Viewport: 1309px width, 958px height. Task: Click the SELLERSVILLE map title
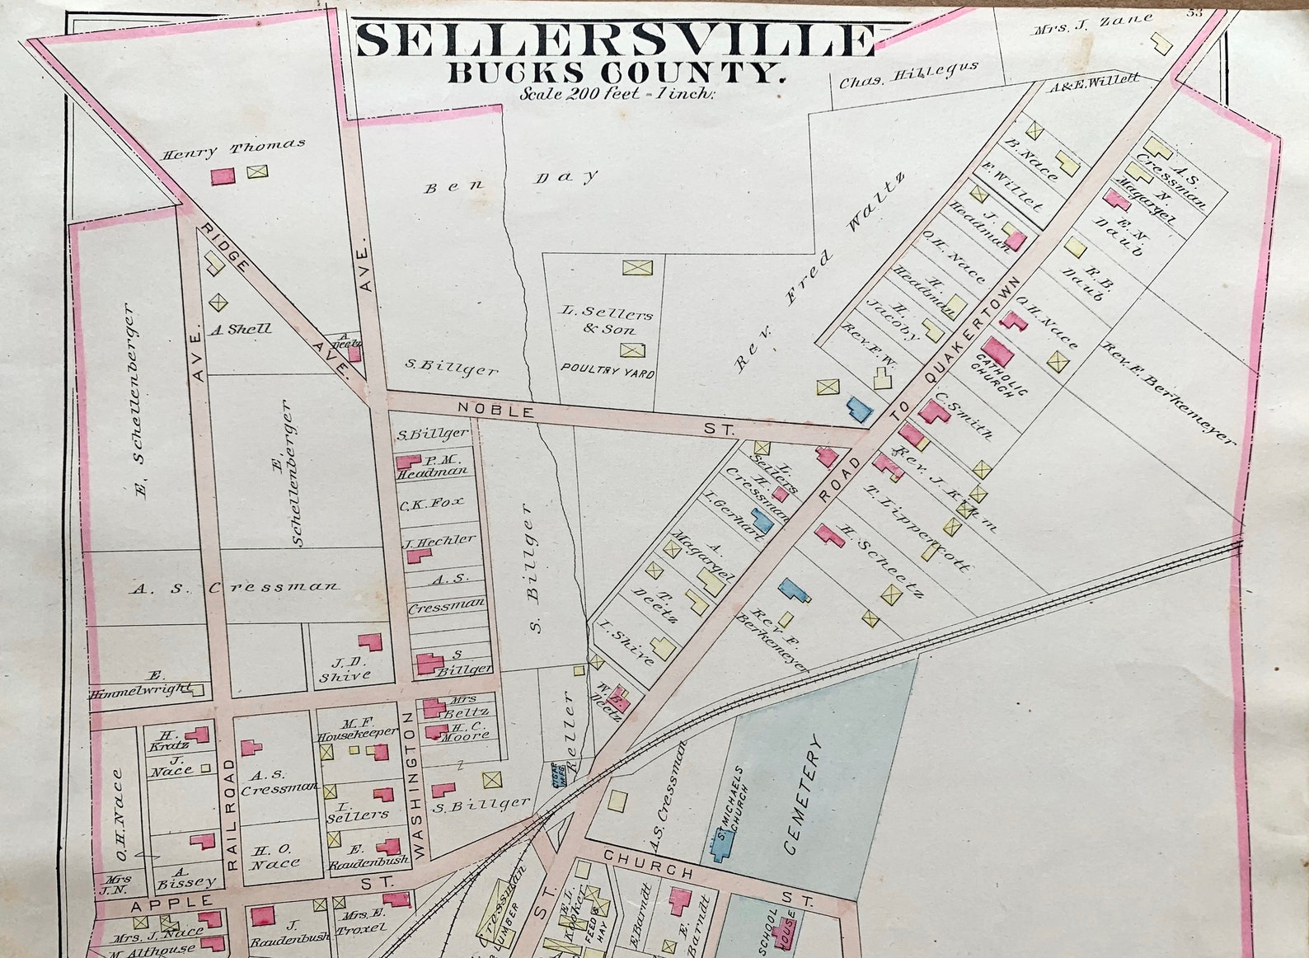coord(614,39)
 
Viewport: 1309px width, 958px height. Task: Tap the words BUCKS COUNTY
coord(614,73)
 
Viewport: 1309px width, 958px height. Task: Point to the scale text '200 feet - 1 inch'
coord(618,93)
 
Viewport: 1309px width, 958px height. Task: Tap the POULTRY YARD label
coord(608,371)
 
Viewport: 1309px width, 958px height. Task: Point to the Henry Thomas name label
coord(233,148)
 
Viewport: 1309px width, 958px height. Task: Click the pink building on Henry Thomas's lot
coord(222,176)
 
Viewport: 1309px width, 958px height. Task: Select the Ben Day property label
coord(511,181)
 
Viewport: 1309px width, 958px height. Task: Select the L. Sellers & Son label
coord(607,321)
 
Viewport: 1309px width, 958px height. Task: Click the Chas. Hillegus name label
coord(908,74)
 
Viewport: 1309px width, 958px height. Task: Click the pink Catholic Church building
coord(997,355)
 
